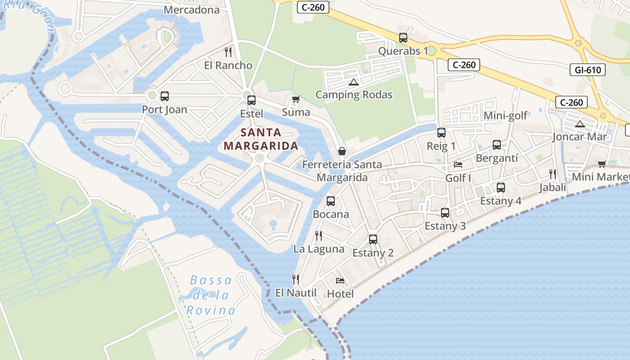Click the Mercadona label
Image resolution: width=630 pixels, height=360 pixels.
[x=191, y=9]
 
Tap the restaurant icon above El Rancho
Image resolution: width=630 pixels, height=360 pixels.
[x=228, y=52]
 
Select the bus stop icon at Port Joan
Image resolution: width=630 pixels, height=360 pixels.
[x=165, y=96]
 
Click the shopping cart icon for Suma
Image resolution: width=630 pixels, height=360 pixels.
[x=296, y=99]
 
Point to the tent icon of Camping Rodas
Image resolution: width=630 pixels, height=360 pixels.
[x=354, y=82]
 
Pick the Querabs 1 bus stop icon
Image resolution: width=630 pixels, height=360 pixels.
[x=403, y=38]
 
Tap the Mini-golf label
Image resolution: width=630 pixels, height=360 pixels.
[x=505, y=116]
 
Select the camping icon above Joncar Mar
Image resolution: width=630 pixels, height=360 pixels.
[x=580, y=124]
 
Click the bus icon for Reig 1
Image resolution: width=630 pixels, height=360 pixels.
[x=441, y=133]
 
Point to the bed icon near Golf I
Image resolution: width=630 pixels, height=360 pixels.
[x=458, y=165]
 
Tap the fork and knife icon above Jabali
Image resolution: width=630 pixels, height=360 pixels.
[x=552, y=174]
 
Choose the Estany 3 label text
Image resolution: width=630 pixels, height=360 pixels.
[x=445, y=226]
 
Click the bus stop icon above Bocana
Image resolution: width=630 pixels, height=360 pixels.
[x=331, y=201]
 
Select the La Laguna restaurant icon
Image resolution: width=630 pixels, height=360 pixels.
[x=319, y=235]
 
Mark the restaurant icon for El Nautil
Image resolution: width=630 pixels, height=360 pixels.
[x=296, y=279]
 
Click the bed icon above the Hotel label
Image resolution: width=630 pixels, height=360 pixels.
[x=340, y=281]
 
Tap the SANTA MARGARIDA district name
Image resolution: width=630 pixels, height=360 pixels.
[x=261, y=139]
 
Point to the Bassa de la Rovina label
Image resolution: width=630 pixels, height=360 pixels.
[x=211, y=295]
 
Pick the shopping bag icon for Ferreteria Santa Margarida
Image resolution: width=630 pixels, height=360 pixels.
[x=342, y=151]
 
